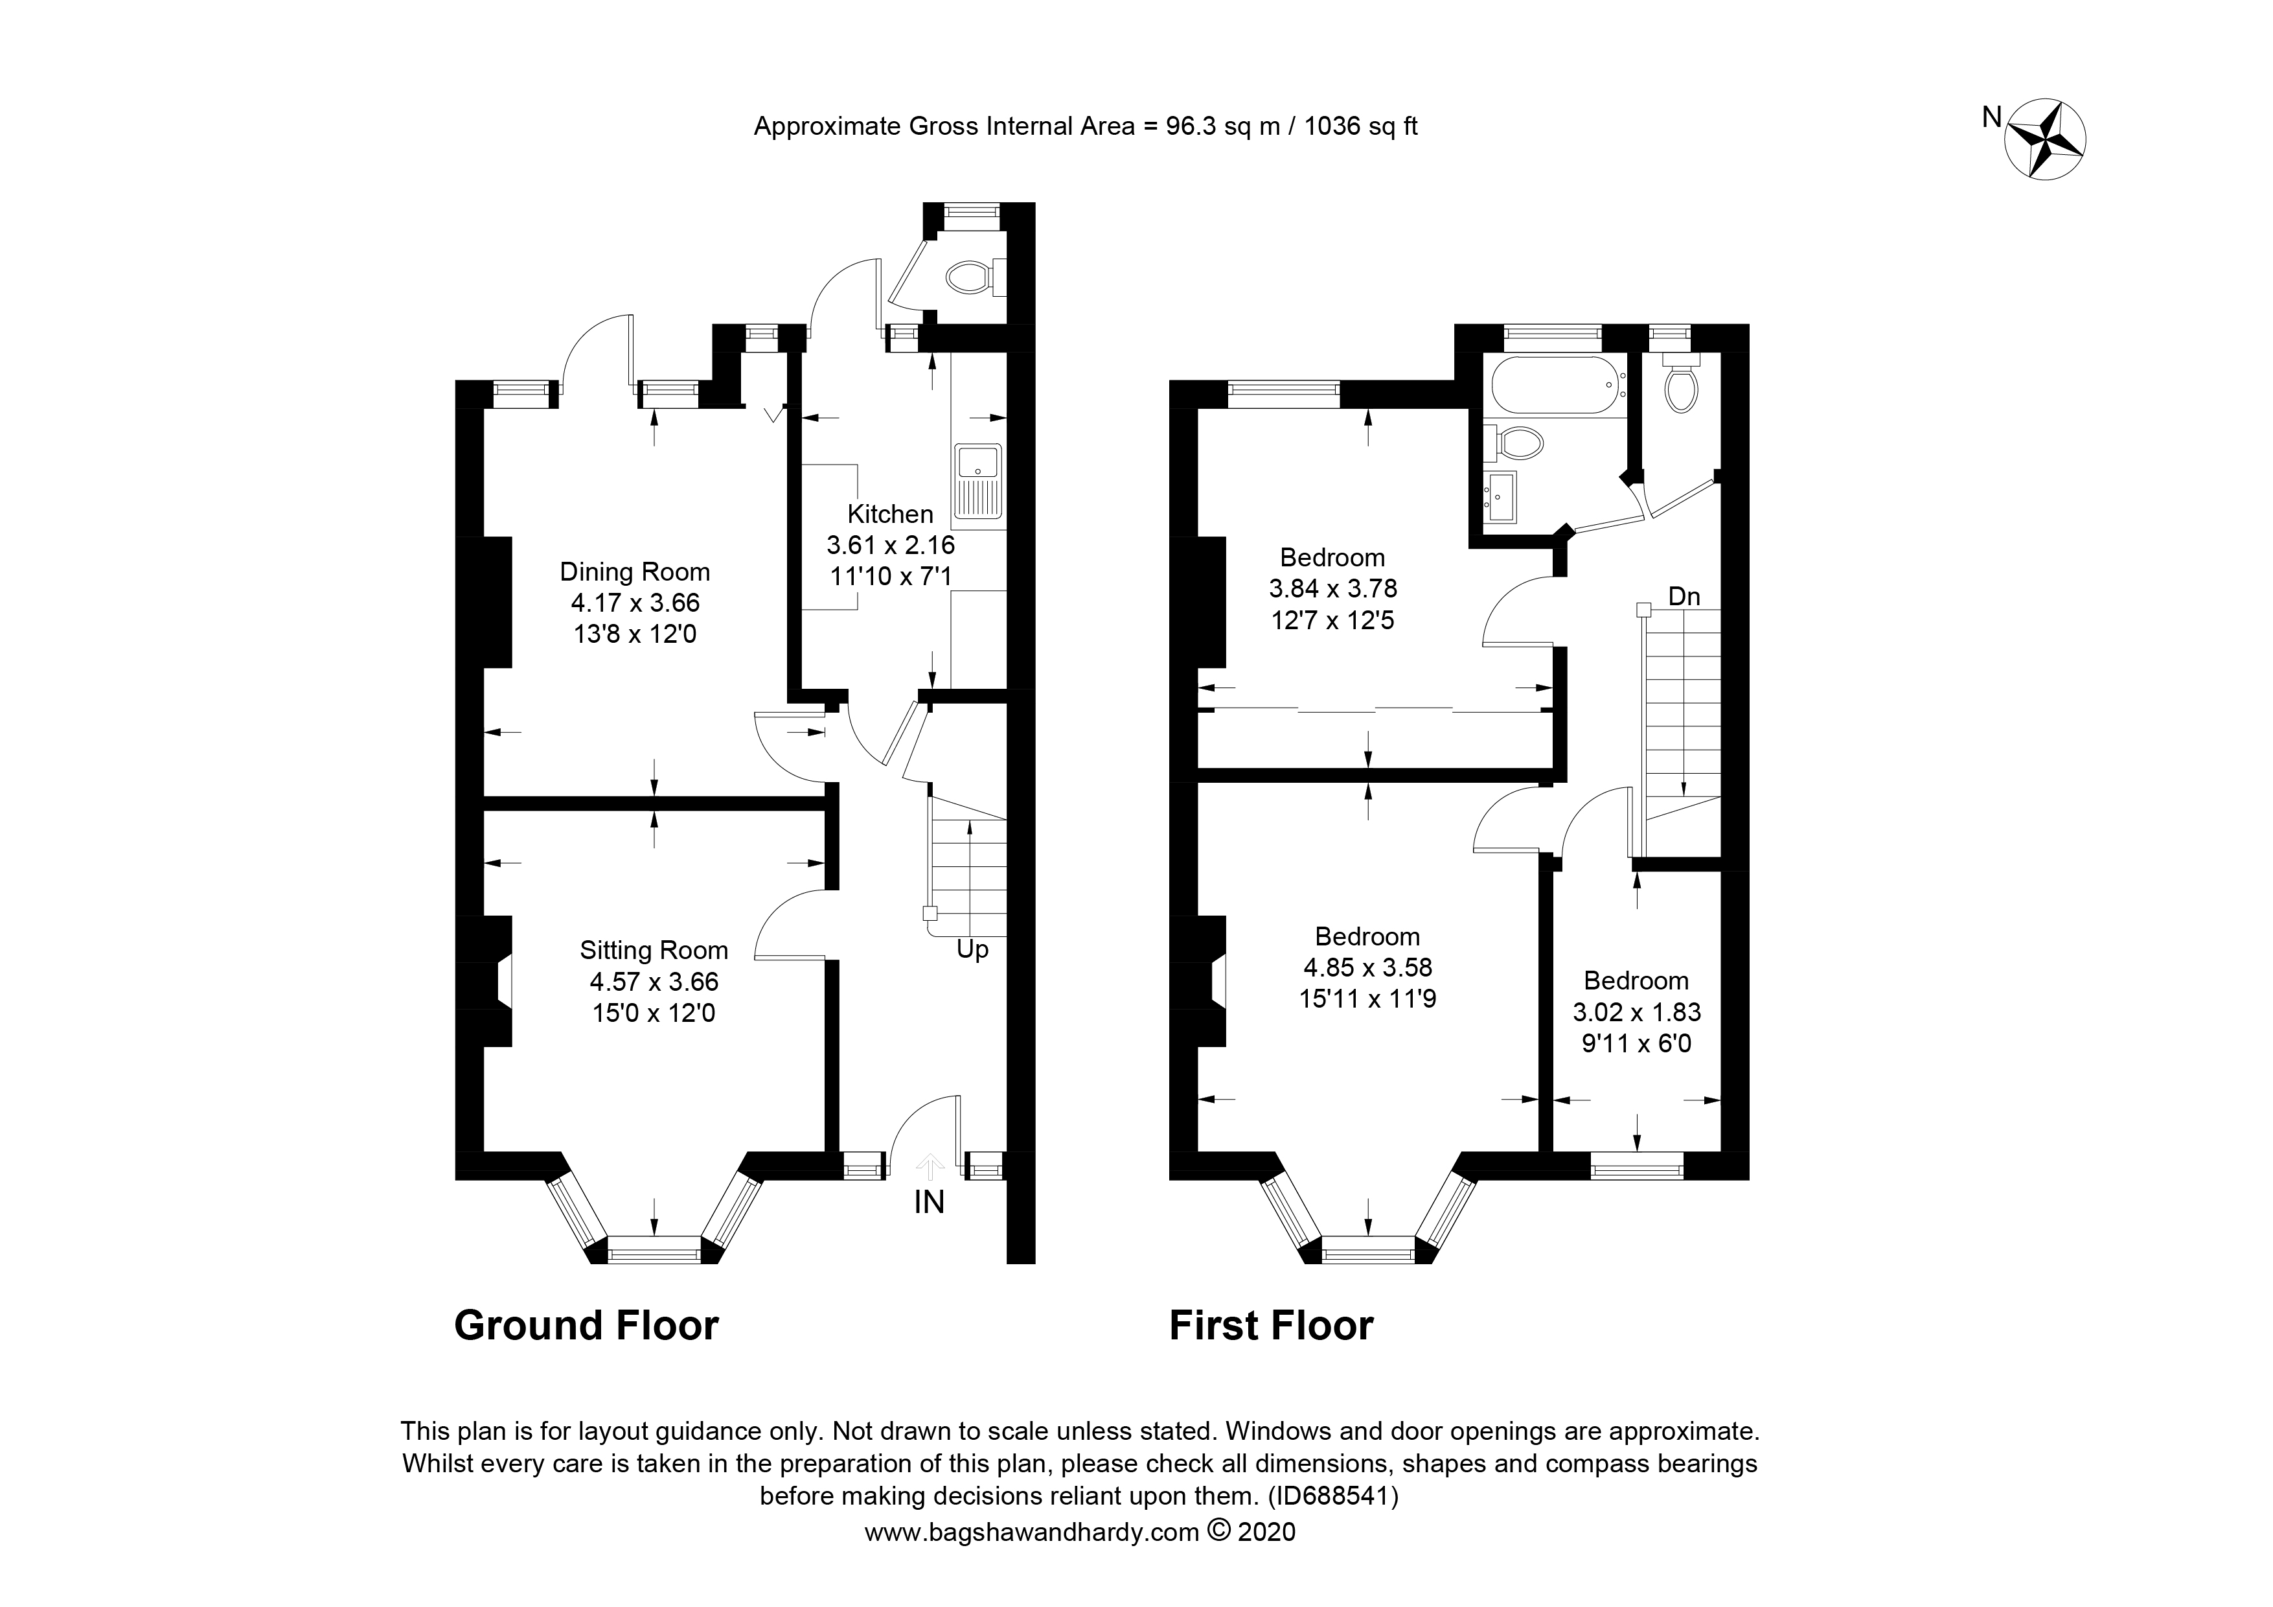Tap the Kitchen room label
[890, 514]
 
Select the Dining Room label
[635, 572]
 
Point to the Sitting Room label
[654, 951]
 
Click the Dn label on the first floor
[1684, 596]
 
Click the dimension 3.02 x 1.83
[1636, 1012]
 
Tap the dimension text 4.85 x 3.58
[1367, 967]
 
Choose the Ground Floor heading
[586, 1325]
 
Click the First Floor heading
[1271, 1325]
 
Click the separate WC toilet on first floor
[1681, 389]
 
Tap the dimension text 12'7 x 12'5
[1332, 621]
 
